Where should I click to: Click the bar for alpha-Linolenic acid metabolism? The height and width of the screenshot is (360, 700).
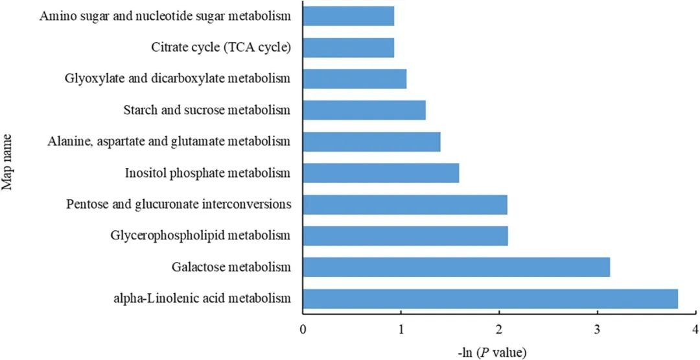tap(490, 298)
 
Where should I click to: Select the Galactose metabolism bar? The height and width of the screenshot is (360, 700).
tap(456, 267)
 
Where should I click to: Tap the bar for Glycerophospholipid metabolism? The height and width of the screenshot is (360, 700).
tap(405, 235)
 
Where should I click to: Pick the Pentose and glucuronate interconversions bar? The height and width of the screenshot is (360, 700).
tap(405, 204)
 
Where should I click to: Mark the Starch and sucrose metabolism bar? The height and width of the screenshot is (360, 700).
tap(364, 110)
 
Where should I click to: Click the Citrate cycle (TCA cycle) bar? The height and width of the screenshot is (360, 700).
tap(349, 47)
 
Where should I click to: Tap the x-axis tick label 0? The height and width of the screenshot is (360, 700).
tap(303, 329)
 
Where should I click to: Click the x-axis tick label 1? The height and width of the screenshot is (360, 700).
tap(401, 329)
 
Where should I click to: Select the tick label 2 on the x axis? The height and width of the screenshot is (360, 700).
tap(499, 329)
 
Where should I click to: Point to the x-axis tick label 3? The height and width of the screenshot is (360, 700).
tap(597, 329)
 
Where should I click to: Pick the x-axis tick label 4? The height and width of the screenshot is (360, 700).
tap(695, 329)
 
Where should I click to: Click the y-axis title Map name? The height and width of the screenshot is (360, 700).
tap(9, 158)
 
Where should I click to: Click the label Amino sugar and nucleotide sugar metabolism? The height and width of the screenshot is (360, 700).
tap(165, 16)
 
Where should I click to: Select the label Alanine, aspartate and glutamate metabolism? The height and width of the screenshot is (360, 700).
tap(169, 141)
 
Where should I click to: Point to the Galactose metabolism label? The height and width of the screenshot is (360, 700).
tap(231, 267)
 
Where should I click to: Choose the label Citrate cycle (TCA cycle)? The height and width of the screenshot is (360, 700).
tap(220, 47)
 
